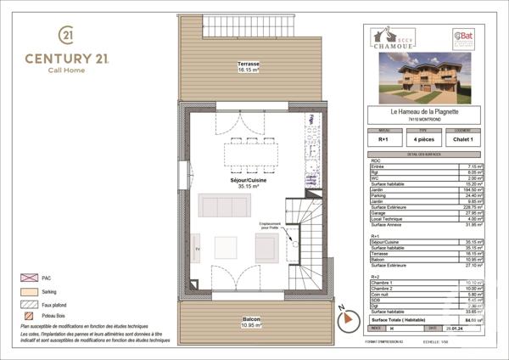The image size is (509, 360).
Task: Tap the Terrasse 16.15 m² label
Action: (248, 68)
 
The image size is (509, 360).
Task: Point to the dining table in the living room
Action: (251, 154)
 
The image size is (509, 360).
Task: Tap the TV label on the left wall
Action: (198, 248)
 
